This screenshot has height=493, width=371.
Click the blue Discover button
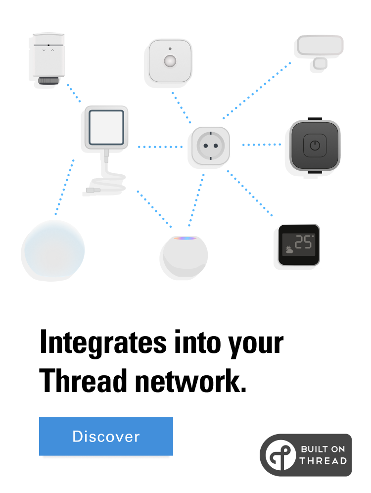106,436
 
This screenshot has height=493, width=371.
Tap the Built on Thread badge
305,455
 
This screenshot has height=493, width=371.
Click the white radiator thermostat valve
48,57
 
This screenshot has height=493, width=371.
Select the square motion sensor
170,60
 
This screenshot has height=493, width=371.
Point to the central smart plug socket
211,145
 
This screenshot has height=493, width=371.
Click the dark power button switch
315,146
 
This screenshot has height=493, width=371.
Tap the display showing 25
299,245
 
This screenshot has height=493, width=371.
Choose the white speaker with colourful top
185,256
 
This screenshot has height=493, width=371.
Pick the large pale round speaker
54,249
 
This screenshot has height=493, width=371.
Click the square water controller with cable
106,127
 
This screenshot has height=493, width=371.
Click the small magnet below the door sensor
320,63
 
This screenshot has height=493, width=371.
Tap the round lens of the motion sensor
170,61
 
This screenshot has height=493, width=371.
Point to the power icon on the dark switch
315,146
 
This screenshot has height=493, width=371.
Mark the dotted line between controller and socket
160,147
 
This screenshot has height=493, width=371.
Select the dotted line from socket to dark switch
261,145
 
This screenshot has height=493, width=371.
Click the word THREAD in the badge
323,461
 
